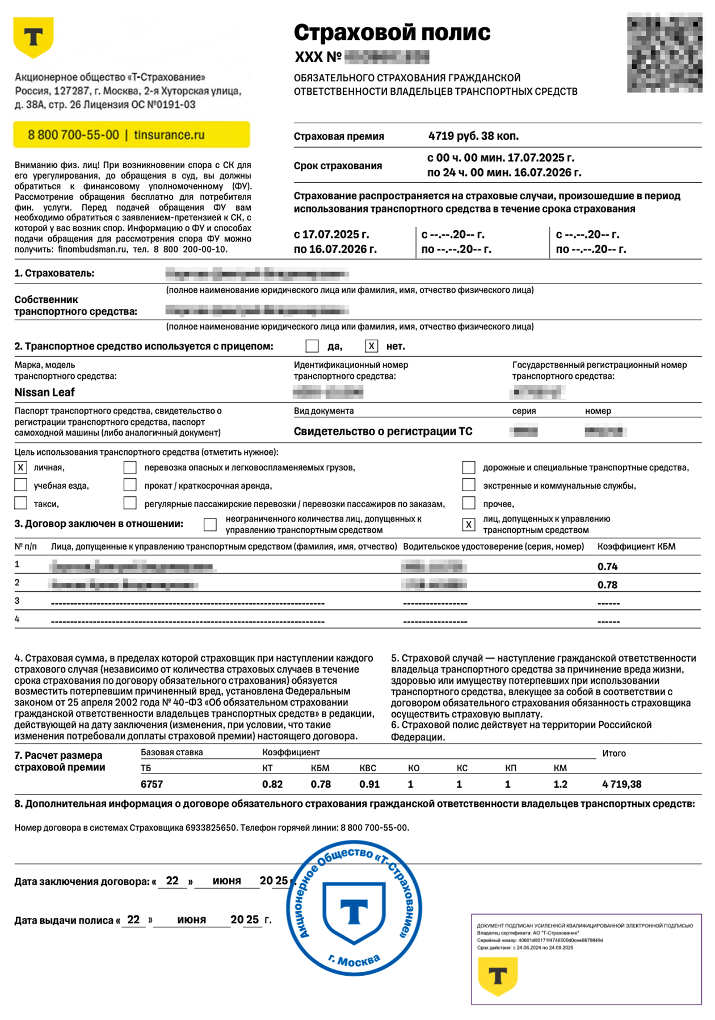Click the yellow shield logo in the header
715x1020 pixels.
click(33, 37)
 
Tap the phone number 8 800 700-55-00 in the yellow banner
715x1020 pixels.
click(73, 135)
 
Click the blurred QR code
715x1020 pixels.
click(664, 53)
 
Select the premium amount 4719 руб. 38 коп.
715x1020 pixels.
click(473, 136)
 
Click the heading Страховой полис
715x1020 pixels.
click(392, 32)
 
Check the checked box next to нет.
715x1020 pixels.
click(371, 346)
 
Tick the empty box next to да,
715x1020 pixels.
click(312, 346)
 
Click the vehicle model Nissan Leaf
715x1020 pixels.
click(44, 392)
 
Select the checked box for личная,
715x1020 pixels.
click(21, 467)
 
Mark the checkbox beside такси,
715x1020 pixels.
click(21, 503)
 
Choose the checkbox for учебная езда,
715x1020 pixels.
click(21, 485)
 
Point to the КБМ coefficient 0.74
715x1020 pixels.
click(607, 566)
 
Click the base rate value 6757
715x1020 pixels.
click(152, 784)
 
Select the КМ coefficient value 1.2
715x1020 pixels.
click(560, 784)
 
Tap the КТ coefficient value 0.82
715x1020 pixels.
click(272, 784)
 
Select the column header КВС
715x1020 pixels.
click(368, 768)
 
